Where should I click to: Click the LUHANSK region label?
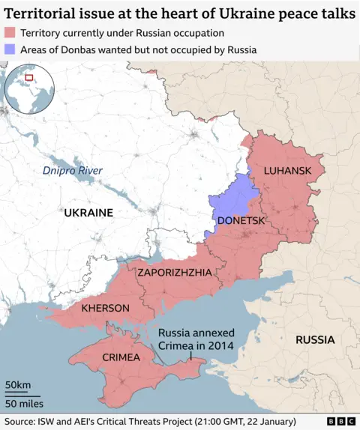click(x=287, y=171)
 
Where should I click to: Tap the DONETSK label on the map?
click(x=241, y=221)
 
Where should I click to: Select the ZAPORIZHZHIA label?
click(x=174, y=273)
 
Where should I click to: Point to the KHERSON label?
click(x=105, y=308)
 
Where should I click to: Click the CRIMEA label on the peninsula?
click(x=121, y=357)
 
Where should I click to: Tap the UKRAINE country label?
click(x=88, y=213)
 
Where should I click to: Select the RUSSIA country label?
click(x=315, y=339)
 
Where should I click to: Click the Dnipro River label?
click(x=72, y=171)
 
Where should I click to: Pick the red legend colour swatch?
click(x=10, y=33)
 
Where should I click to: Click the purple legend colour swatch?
click(x=10, y=49)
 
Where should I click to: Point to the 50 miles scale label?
click(x=24, y=405)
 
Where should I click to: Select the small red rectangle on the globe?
click(x=29, y=76)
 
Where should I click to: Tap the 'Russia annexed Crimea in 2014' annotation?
click(x=196, y=339)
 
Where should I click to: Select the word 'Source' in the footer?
click(x=19, y=421)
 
